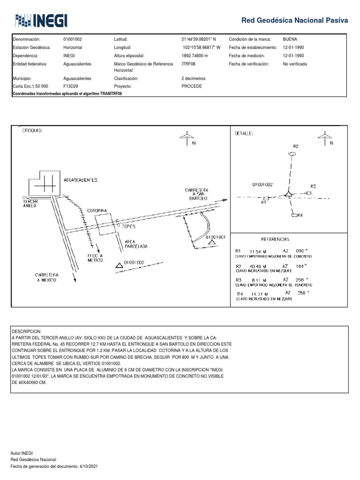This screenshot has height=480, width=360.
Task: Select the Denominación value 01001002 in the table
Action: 73,39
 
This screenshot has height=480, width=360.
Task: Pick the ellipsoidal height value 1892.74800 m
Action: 195,55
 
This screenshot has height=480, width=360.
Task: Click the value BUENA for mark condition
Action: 291,39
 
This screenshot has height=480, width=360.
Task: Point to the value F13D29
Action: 71,87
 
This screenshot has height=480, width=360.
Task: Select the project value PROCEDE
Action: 191,87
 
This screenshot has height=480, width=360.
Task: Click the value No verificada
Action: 295,64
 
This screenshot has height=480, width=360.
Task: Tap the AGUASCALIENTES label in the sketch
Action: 80,180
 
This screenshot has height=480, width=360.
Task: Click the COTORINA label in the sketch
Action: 97,210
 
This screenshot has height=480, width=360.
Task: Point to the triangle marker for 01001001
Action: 212,242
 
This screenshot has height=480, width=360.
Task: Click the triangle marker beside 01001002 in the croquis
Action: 120,265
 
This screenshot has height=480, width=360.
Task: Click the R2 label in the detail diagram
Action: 295,146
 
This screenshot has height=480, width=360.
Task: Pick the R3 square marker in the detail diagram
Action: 309,193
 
